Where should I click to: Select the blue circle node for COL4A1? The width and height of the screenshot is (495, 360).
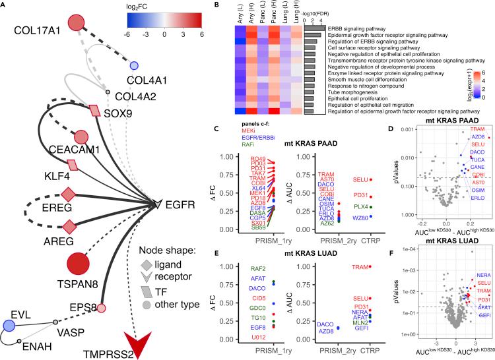[134, 65]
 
